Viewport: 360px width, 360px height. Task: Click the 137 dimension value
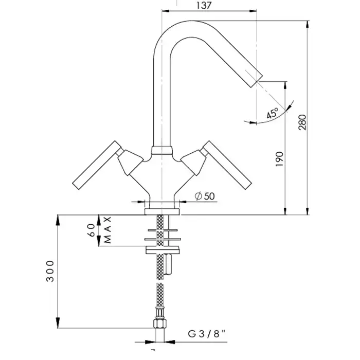[204, 5]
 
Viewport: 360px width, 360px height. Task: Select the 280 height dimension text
[302, 122]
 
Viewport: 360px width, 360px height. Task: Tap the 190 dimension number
[279, 159]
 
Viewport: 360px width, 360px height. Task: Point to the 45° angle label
[273, 114]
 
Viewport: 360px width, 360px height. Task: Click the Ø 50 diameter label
[205, 196]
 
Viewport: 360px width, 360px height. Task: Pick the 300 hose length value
[50, 271]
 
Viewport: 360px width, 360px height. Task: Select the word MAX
[107, 230]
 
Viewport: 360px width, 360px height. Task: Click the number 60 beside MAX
[91, 230]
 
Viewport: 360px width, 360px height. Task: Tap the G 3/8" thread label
[207, 334]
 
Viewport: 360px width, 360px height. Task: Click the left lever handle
[97, 165]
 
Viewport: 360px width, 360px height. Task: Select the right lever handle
[227, 165]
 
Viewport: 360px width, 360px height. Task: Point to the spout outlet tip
[256, 81]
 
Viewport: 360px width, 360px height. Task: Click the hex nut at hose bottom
[160, 323]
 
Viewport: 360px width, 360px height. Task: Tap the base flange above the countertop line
[162, 212]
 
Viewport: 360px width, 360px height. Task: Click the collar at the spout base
[162, 150]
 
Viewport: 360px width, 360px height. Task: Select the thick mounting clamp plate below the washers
[163, 250]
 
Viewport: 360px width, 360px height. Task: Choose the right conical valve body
[193, 163]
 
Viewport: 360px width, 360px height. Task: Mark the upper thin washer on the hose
[163, 230]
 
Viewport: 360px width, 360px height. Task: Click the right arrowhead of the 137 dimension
[253, 11]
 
